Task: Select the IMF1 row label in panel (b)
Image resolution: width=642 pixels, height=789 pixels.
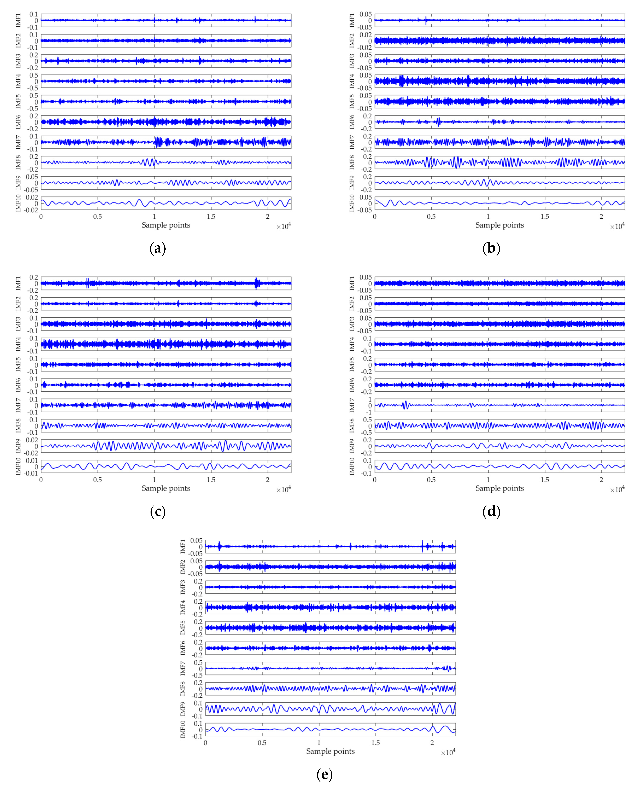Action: click(352, 20)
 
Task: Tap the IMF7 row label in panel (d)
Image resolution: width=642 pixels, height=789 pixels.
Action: click(352, 405)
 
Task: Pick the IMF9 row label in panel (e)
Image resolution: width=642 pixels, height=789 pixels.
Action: click(183, 709)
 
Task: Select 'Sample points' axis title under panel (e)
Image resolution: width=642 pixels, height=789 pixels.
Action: click(330, 751)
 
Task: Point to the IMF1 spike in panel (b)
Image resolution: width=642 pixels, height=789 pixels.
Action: click(426, 20)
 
